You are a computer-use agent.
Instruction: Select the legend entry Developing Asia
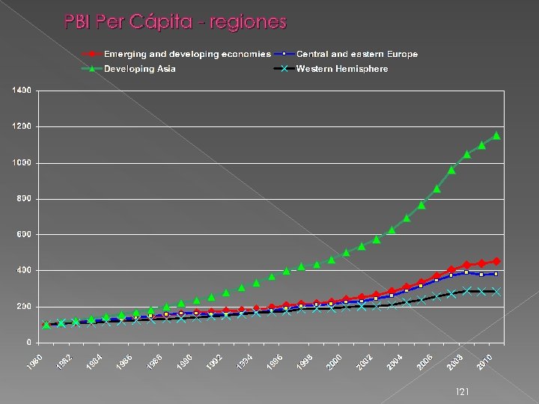pyautogui.click(x=140, y=69)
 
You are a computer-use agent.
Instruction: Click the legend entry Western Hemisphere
pyautogui.click(x=342, y=69)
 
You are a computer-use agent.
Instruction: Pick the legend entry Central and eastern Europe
pyautogui.click(x=357, y=54)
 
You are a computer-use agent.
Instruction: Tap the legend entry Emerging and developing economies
pyautogui.click(x=187, y=54)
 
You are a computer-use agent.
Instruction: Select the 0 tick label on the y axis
pyautogui.click(x=28, y=343)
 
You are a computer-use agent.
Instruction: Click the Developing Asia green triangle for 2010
pyautogui.click(x=496, y=135)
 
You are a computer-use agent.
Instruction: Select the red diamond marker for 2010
pyautogui.click(x=496, y=261)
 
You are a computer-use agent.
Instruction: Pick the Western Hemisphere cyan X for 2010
pyautogui.click(x=496, y=292)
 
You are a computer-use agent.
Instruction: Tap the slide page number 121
pyautogui.click(x=463, y=391)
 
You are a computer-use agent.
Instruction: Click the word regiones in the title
pyautogui.click(x=249, y=22)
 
